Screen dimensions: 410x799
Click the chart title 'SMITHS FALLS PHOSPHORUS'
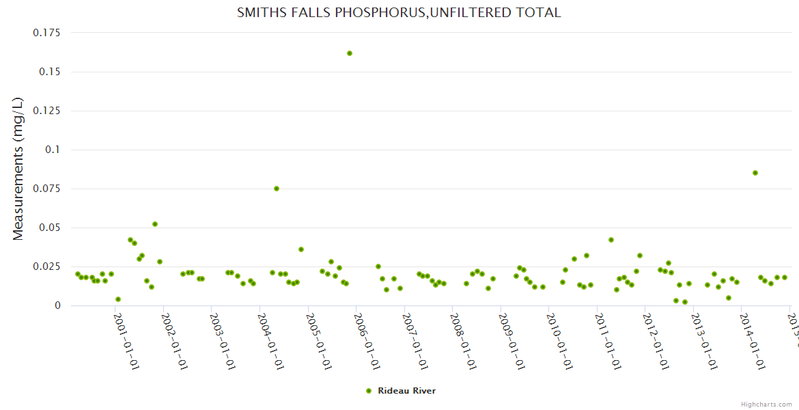(x=399, y=12)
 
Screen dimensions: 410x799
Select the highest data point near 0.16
(x=350, y=53)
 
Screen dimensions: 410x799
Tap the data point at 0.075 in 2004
(x=277, y=189)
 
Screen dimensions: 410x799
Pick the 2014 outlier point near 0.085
(x=755, y=173)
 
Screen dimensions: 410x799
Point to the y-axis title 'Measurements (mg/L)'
(x=18, y=169)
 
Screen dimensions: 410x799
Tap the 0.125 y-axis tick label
(x=46, y=111)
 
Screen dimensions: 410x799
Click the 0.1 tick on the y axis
(x=53, y=150)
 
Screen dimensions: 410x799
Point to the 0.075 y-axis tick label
(x=46, y=189)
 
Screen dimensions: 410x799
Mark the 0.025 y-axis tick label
(x=46, y=266)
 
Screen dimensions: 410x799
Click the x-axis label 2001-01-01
(x=126, y=342)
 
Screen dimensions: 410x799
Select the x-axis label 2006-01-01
(x=368, y=342)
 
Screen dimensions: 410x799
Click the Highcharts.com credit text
(x=767, y=404)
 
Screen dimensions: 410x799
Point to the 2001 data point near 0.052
(x=155, y=224)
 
